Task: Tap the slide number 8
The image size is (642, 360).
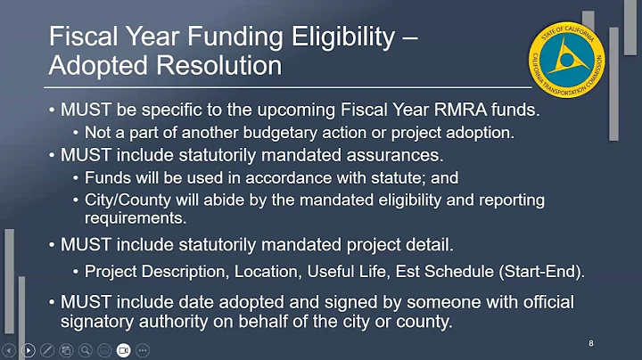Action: [x=592, y=342]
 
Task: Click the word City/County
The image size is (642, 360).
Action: [x=126, y=198]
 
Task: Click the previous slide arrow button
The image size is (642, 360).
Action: [x=10, y=349]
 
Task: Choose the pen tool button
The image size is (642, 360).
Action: [x=47, y=349]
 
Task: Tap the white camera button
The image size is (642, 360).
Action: [x=123, y=349]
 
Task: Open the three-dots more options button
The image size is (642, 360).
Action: [x=143, y=349]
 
